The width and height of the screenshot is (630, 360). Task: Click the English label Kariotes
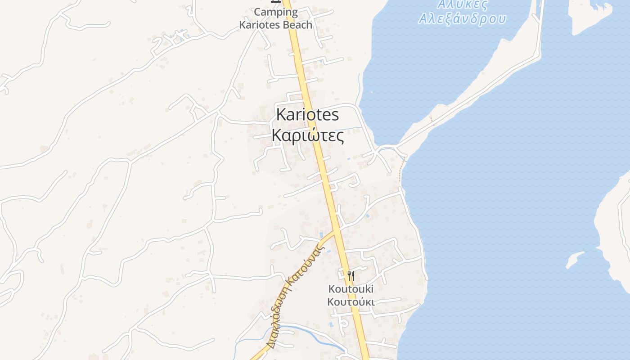tap(307, 115)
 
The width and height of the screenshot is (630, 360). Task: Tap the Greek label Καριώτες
tap(308, 135)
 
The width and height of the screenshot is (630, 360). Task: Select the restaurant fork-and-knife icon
tap(351, 275)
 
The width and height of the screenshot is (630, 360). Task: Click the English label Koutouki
tap(351, 288)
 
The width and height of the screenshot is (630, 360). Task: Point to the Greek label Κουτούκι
tap(351, 301)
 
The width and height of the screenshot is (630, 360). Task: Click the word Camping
tap(276, 12)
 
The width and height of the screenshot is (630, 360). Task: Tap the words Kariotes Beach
tap(275, 25)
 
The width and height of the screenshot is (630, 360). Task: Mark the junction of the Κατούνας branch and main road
tap(337, 231)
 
